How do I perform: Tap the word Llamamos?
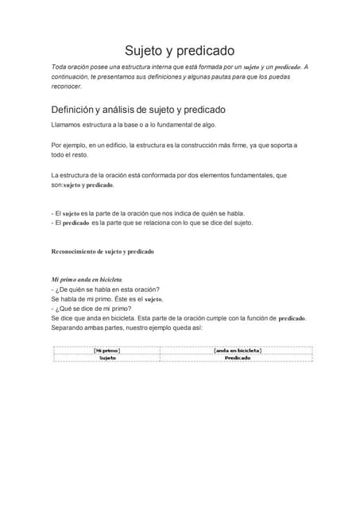[x=65, y=125]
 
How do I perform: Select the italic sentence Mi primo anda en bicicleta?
[x=87, y=280]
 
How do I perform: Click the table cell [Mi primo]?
[x=106, y=350]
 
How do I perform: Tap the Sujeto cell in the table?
[x=106, y=358]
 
